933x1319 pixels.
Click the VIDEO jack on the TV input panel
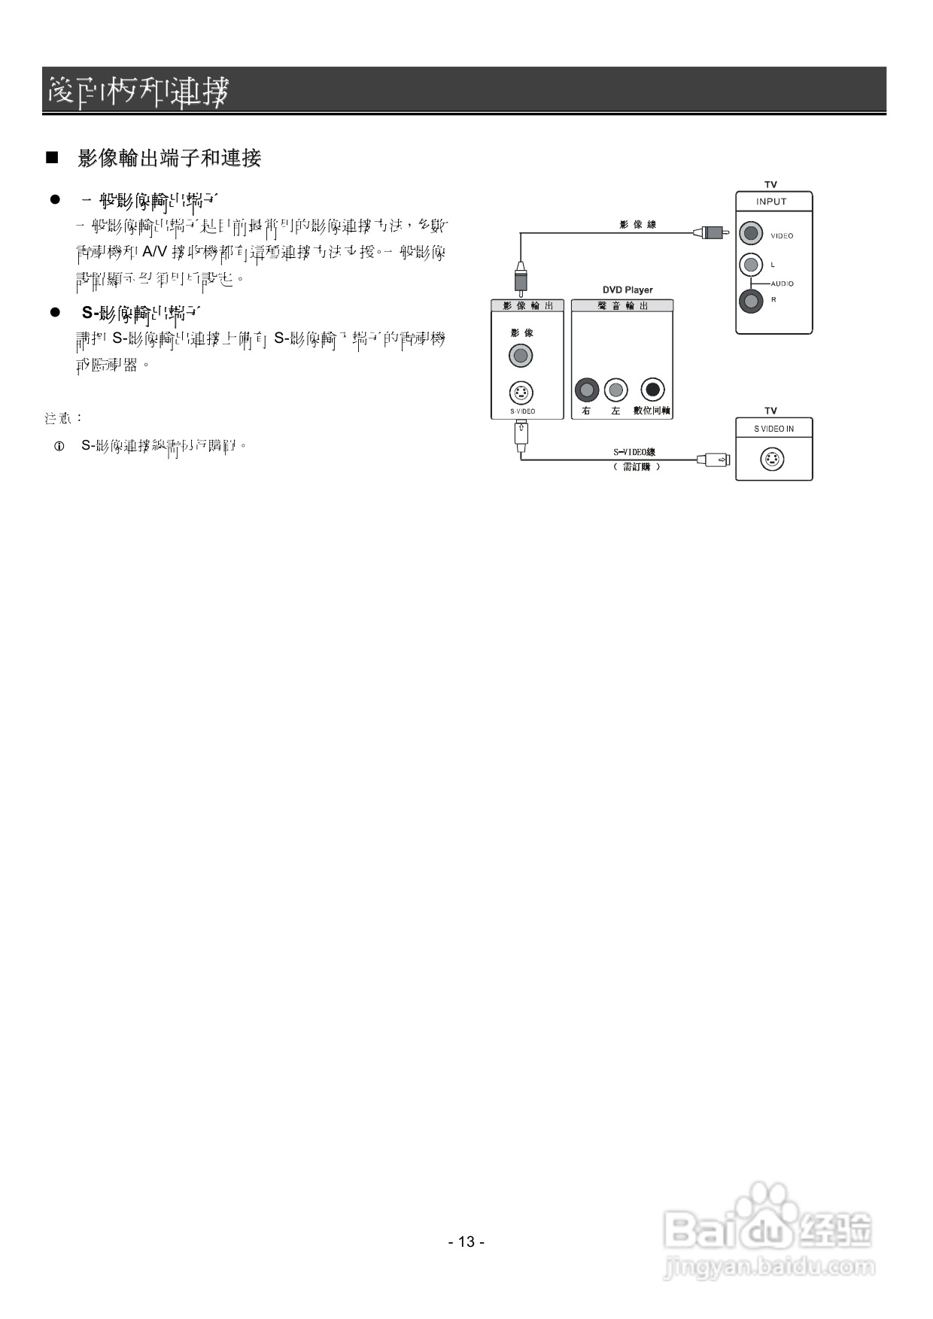click(750, 233)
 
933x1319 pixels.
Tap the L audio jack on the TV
click(750, 264)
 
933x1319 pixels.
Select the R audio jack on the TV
click(750, 301)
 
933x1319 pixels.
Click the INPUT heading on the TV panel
click(771, 202)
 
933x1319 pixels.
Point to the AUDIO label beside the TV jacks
click(782, 284)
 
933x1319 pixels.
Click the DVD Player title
click(628, 290)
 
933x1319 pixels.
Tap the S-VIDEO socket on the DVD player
click(521, 392)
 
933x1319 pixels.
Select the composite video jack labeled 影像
click(521, 355)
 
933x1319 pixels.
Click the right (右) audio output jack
click(586, 390)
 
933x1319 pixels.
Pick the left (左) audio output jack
click(616, 390)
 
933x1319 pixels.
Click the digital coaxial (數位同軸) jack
click(652, 390)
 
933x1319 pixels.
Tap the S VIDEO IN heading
click(773, 429)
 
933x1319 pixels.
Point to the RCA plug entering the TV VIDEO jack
click(711, 233)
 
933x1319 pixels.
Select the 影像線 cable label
click(637, 224)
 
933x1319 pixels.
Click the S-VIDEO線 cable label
click(634, 452)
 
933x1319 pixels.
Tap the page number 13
click(466, 1242)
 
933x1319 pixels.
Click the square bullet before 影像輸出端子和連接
click(52, 158)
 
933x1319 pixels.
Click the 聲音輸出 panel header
click(622, 305)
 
